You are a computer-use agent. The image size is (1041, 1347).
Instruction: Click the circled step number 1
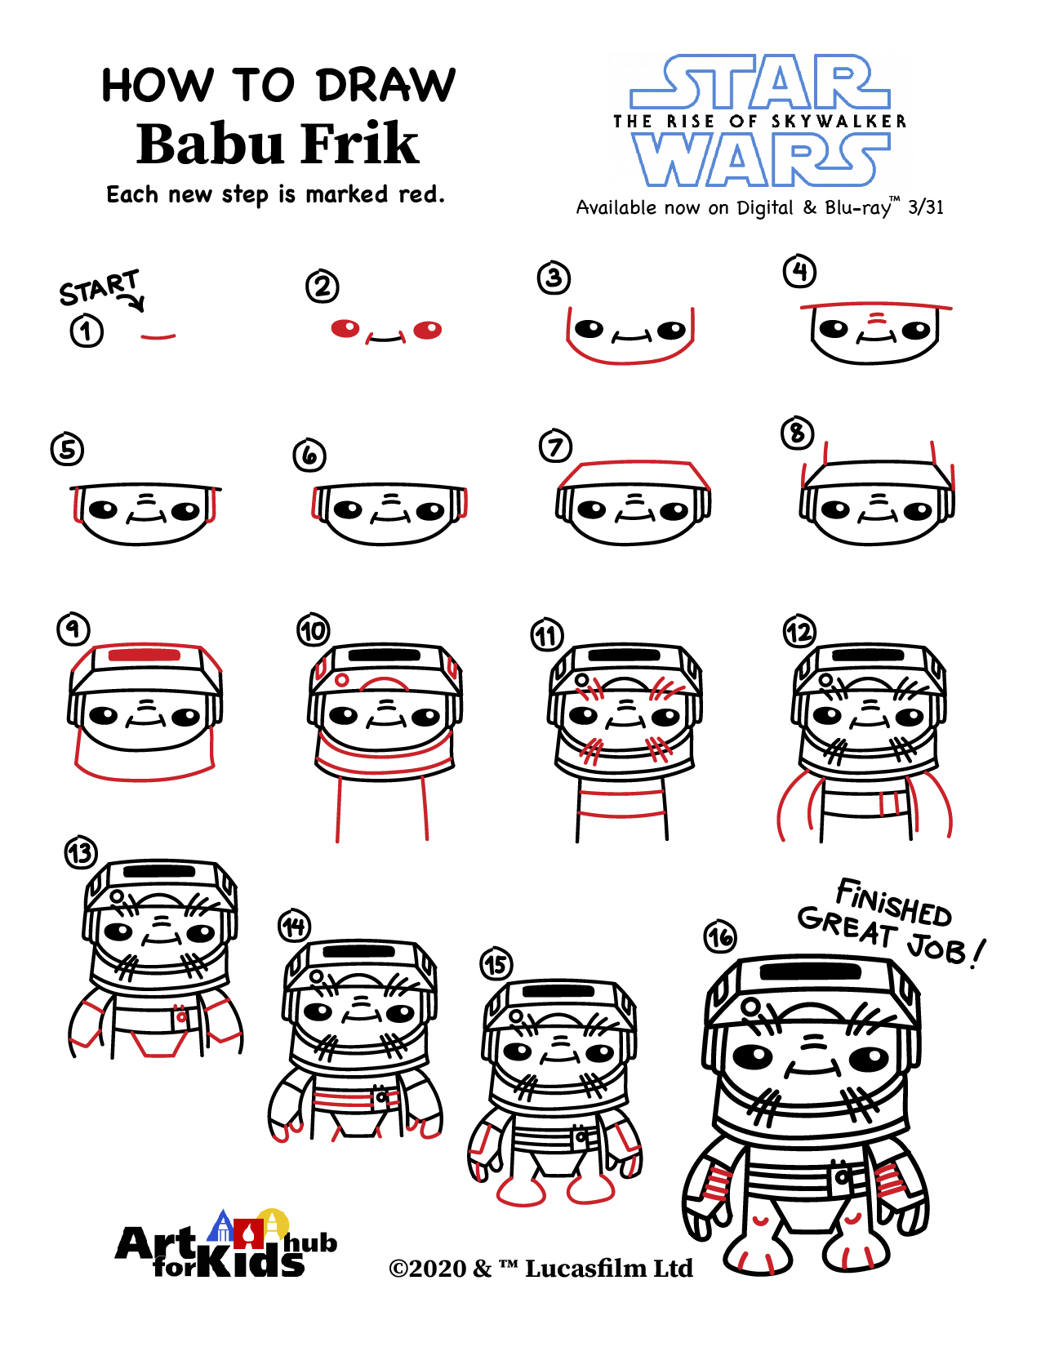point(87,331)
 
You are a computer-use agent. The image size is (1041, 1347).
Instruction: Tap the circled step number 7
point(555,447)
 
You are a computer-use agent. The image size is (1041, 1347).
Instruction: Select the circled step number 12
point(799,633)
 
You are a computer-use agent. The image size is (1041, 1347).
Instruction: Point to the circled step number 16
point(720,936)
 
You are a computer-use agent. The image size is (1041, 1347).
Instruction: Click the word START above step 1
point(100,287)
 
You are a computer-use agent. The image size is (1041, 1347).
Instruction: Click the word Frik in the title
point(361,144)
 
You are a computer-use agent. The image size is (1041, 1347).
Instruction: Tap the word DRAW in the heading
point(385,85)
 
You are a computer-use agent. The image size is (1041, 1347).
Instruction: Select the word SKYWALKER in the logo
point(839,121)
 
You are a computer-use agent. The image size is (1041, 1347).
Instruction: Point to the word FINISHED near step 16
point(893,902)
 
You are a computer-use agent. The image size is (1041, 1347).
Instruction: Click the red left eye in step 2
point(345,328)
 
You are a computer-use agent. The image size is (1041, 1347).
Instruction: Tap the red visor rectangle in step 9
point(145,656)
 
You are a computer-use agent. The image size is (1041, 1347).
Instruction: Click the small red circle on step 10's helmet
point(341,680)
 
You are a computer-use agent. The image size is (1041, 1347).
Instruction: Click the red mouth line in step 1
point(158,336)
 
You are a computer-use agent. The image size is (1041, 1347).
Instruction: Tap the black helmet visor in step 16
point(810,972)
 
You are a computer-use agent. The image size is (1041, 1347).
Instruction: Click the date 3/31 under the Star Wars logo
point(926,207)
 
